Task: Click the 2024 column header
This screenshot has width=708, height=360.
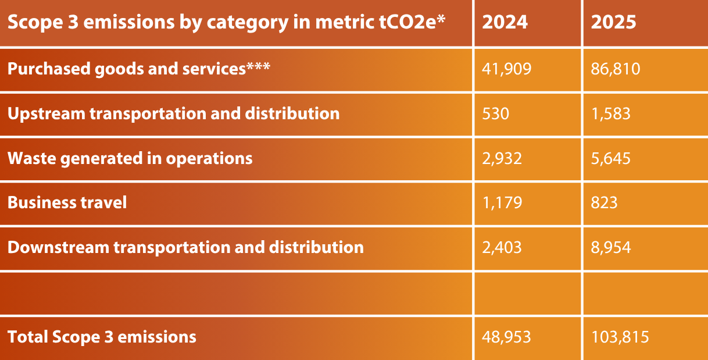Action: (505, 22)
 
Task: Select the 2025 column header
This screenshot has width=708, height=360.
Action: (613, 22)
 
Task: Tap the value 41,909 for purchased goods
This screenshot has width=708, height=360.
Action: (506, 69)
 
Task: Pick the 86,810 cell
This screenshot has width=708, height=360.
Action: (616, 69)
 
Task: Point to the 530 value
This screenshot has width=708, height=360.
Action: (496, 113)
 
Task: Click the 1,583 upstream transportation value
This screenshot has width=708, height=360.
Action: (611, 113)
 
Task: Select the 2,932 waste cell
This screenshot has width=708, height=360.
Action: (502, 158)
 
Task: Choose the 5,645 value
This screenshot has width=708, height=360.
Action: (611, 158)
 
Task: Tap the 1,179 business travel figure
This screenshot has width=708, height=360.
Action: (502, 202)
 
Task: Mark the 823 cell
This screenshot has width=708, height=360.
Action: (605, 202)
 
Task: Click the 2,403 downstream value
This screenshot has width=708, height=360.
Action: (502, 247)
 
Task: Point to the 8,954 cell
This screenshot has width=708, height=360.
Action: (611, 247)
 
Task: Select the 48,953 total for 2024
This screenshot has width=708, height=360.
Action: (506, 337)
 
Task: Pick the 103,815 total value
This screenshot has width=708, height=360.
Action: (620, 337)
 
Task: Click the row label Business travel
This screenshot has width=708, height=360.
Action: (67, 202)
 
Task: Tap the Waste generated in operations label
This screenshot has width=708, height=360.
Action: (130, 158)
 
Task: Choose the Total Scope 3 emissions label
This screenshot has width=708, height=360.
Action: (102, 337)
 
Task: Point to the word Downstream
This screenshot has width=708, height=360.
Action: (58, 247)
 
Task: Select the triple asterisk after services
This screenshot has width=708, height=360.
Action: (258, 66)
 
